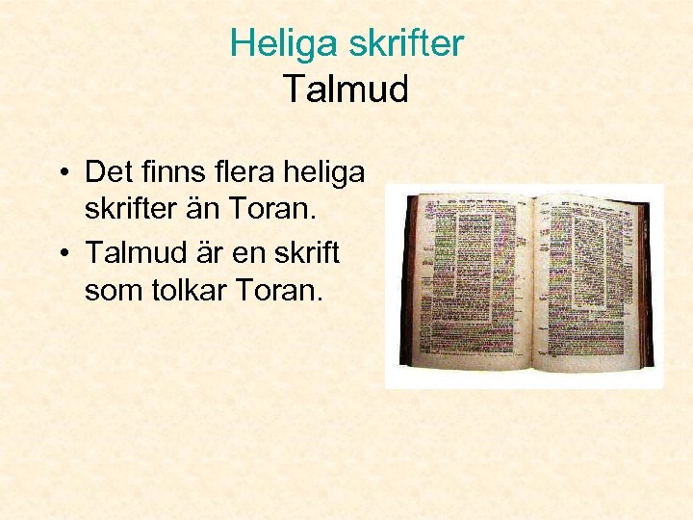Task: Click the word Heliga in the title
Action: point(277,43)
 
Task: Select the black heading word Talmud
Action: point(346,90)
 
